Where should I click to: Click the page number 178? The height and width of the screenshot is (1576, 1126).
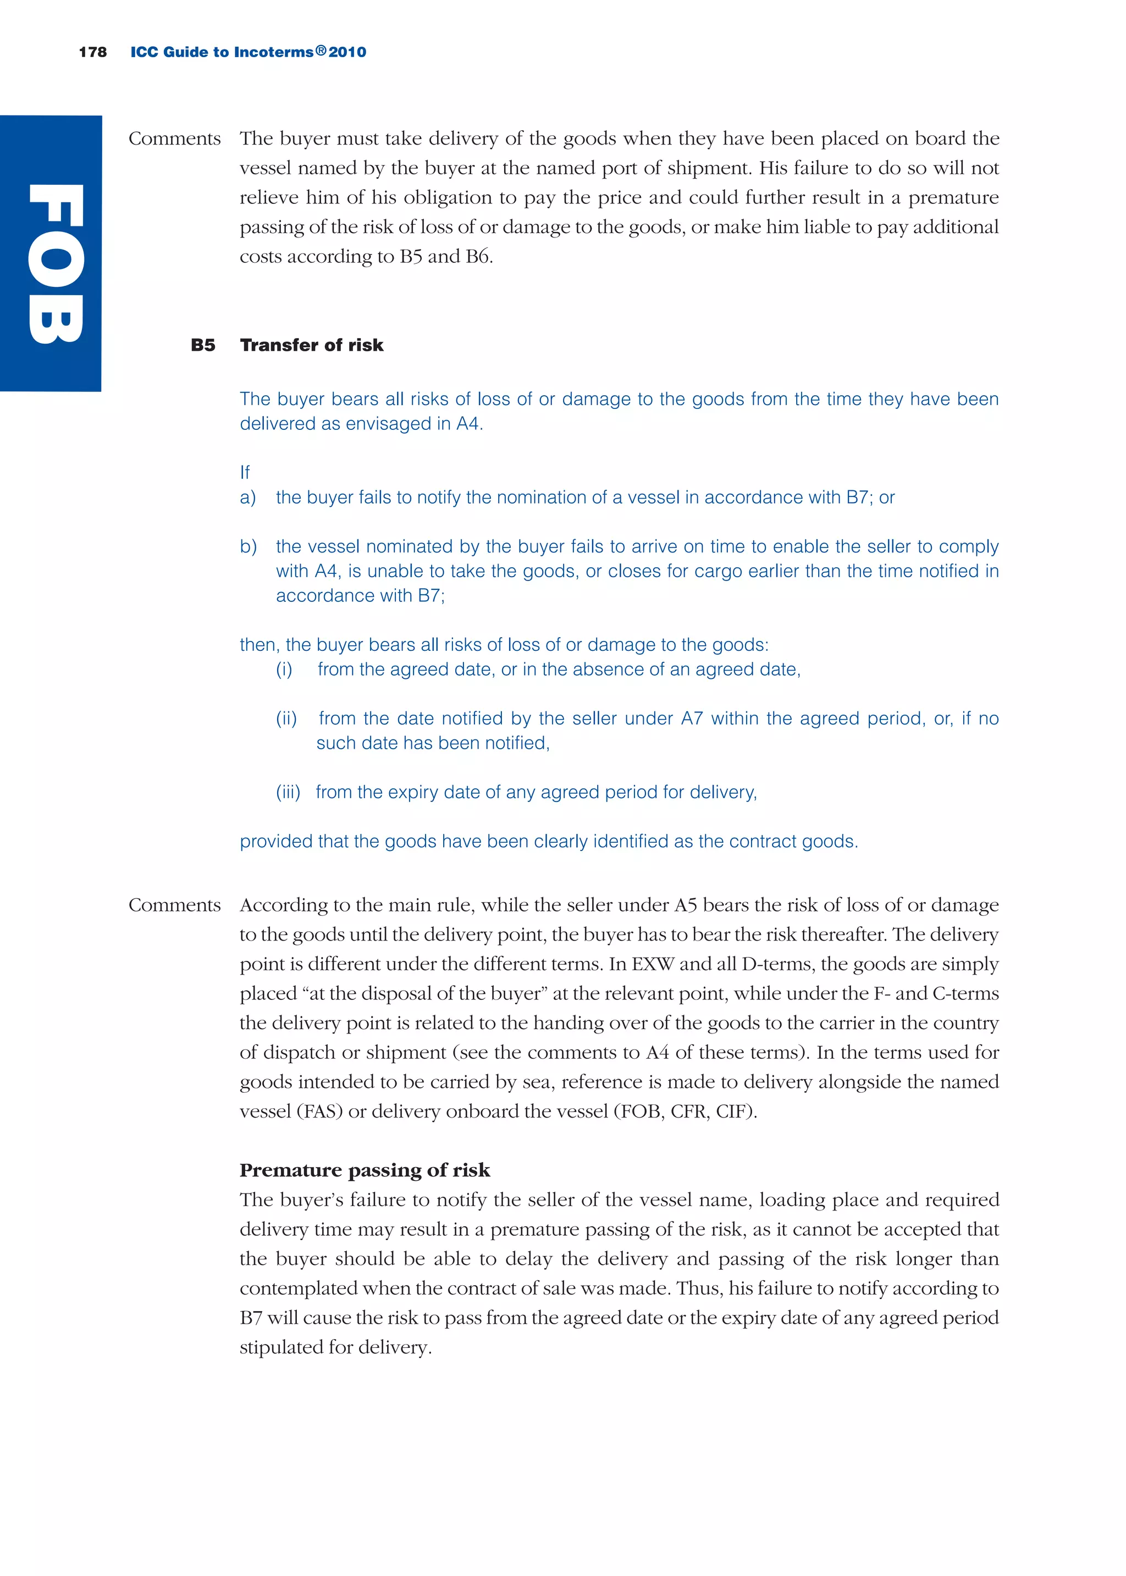(x=92, y=52)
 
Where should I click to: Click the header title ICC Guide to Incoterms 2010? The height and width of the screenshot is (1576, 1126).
(x=248, y=52)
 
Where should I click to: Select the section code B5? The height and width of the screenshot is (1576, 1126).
(x=202, y=345)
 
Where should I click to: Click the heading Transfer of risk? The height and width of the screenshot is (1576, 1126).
(x=311, y=345)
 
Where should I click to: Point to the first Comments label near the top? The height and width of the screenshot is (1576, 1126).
(x=174, y=139)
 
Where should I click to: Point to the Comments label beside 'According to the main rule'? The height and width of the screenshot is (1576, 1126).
(x=174, y=905)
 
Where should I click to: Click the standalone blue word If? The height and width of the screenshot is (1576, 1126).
(x=244, y=473)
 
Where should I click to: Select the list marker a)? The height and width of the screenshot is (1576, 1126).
(x=247, y=497)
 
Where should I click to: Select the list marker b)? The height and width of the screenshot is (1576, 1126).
(x=248, y=547)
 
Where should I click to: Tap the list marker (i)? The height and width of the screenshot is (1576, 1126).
(x=284, y=670)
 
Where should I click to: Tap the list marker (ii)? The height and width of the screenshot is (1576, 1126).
(x=286, y=718)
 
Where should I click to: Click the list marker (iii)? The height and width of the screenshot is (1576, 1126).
(x=288, y=792)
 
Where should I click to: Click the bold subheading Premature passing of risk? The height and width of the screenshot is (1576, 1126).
(x=364, y=1170)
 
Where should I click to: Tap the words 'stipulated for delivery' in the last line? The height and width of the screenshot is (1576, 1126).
(x=335, y=1347)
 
